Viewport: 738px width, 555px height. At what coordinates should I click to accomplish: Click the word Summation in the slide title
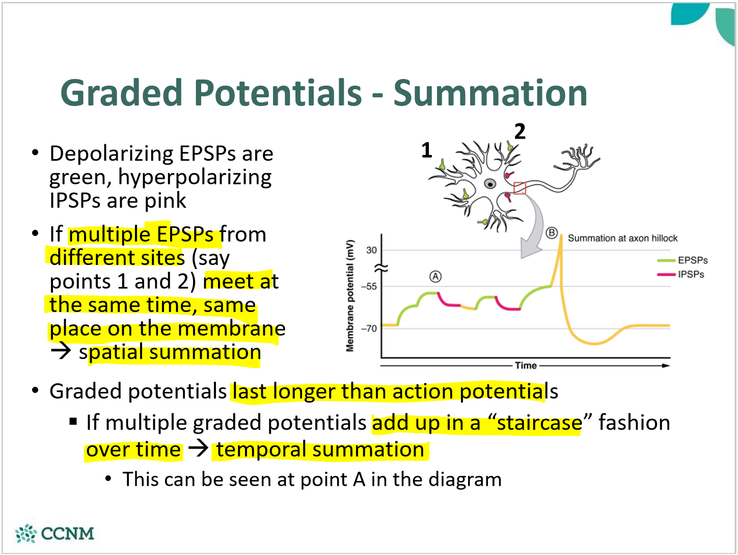[x=490, y=93]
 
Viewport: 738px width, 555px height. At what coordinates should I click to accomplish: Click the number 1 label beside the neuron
[x=427, y=150]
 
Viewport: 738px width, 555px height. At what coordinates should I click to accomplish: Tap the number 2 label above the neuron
[x=520, y=131]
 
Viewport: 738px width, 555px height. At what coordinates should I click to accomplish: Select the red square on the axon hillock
[x=520, y=188]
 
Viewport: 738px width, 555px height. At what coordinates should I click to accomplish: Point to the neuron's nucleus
[x=490, y=184]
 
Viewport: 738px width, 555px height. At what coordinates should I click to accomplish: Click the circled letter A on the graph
[x=436, y=277]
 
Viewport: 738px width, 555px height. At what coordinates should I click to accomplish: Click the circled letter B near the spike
[x=552, y=233]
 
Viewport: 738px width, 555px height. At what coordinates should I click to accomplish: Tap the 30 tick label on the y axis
[x=371, y=250]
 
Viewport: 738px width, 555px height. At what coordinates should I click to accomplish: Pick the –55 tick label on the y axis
[x=369, y=286]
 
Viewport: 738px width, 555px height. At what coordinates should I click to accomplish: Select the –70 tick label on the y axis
[x=369, y=328]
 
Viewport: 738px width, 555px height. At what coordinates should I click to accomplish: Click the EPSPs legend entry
[x=682, y=260]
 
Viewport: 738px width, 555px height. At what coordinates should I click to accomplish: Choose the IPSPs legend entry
[x=681, y=275]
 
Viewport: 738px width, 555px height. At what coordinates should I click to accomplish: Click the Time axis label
[x=526, y=365]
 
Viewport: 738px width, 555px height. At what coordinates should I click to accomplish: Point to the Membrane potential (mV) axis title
[x=350, y=296]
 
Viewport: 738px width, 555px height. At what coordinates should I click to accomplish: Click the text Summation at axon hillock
[x=623, y=238]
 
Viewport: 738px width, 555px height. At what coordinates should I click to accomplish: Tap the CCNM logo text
[x=67, y=534]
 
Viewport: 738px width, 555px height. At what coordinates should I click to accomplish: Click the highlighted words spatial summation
[x=170, y=353]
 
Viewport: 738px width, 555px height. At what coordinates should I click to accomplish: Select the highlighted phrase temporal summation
[x=320, y=450]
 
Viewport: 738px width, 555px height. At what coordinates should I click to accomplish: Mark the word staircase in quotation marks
[x=539, y=422]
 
